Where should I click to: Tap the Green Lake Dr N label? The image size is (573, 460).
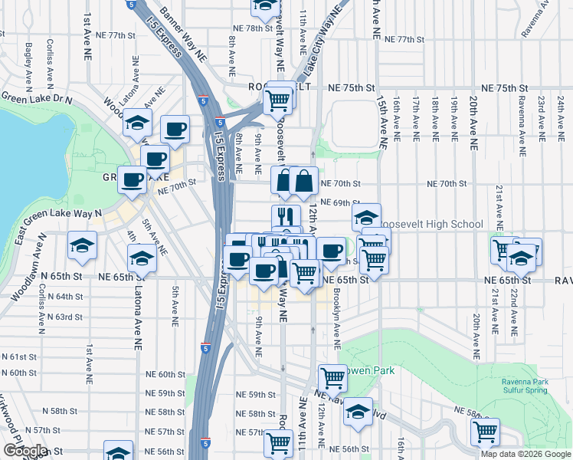[x=36, y=99]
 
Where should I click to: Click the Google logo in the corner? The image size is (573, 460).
[x=25, y=451]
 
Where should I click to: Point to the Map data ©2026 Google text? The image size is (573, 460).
[x=526, y=454]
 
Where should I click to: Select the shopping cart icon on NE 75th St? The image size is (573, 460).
[x=278, y=99]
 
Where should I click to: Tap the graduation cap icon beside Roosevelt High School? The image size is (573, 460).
[x=367, y=215]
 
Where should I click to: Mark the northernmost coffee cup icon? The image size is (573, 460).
[x=175, y=128]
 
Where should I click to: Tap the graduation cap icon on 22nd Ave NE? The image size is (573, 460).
[x=521, y=258]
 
